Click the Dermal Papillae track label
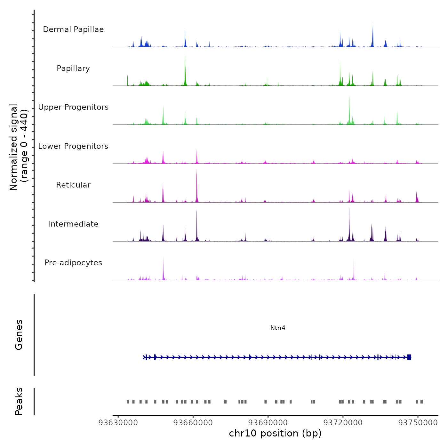(73, 29)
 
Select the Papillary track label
(73, 68)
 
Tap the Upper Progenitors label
(73, 107)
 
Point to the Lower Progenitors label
(73, 146)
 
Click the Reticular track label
(73, 185)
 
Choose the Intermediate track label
(73, 224)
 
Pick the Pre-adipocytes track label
(73, 263)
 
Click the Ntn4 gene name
(278, 328)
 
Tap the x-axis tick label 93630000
(118, 423)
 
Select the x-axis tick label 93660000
(193, 423)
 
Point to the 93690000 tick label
(268, 423)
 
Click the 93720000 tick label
(343, 423)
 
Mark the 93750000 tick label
(418, 423)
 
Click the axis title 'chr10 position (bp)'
(275, 434)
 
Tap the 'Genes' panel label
(19, 335)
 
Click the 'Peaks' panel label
(19, 401)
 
